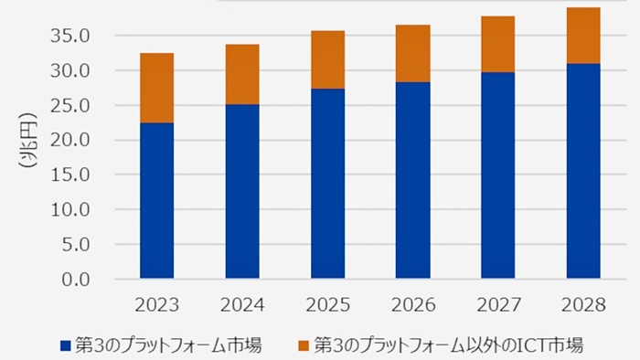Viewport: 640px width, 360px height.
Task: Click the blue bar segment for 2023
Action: [x=156, y=200]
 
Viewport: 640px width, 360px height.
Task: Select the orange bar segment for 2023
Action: [x=156, y=88]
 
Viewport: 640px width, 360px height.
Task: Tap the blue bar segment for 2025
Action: [x=327, y=183]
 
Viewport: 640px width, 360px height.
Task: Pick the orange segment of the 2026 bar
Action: [x=412, y=53]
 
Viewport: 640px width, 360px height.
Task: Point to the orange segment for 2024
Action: [x=242, y=74]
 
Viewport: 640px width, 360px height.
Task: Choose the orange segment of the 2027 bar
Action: [x=498, y=44]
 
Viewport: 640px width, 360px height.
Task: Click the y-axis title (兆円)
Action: [x=25, y=146]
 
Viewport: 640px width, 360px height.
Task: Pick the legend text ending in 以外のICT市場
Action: [x=448, y=345]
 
